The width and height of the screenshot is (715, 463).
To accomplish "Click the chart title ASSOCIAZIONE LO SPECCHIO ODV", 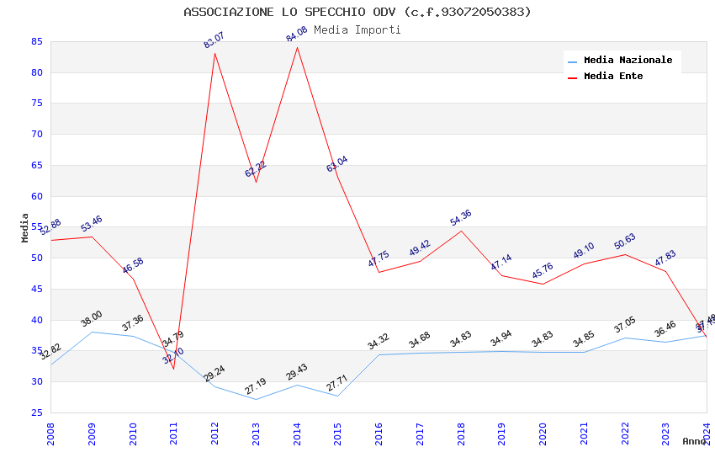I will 357,12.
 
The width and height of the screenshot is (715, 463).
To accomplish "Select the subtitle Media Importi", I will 357,29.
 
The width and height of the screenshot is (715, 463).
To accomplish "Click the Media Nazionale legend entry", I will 628,61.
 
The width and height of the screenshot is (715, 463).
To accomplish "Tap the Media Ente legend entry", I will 613,77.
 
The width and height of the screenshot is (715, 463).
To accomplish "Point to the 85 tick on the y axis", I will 37,41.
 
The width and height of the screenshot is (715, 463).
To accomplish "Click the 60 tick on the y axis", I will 37,196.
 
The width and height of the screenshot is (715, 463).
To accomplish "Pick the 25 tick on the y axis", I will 37,412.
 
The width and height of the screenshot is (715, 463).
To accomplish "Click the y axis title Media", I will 25,227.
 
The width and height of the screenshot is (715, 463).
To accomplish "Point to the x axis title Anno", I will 694,441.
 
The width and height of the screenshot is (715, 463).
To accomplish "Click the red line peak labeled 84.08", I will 297,47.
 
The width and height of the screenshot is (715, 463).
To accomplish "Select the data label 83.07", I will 214,40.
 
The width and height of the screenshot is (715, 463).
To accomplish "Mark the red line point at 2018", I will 460,231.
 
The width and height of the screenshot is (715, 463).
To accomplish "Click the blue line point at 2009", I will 92,332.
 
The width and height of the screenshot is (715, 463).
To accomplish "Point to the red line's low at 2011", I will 173,369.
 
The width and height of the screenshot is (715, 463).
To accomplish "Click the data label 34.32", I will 379,342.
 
